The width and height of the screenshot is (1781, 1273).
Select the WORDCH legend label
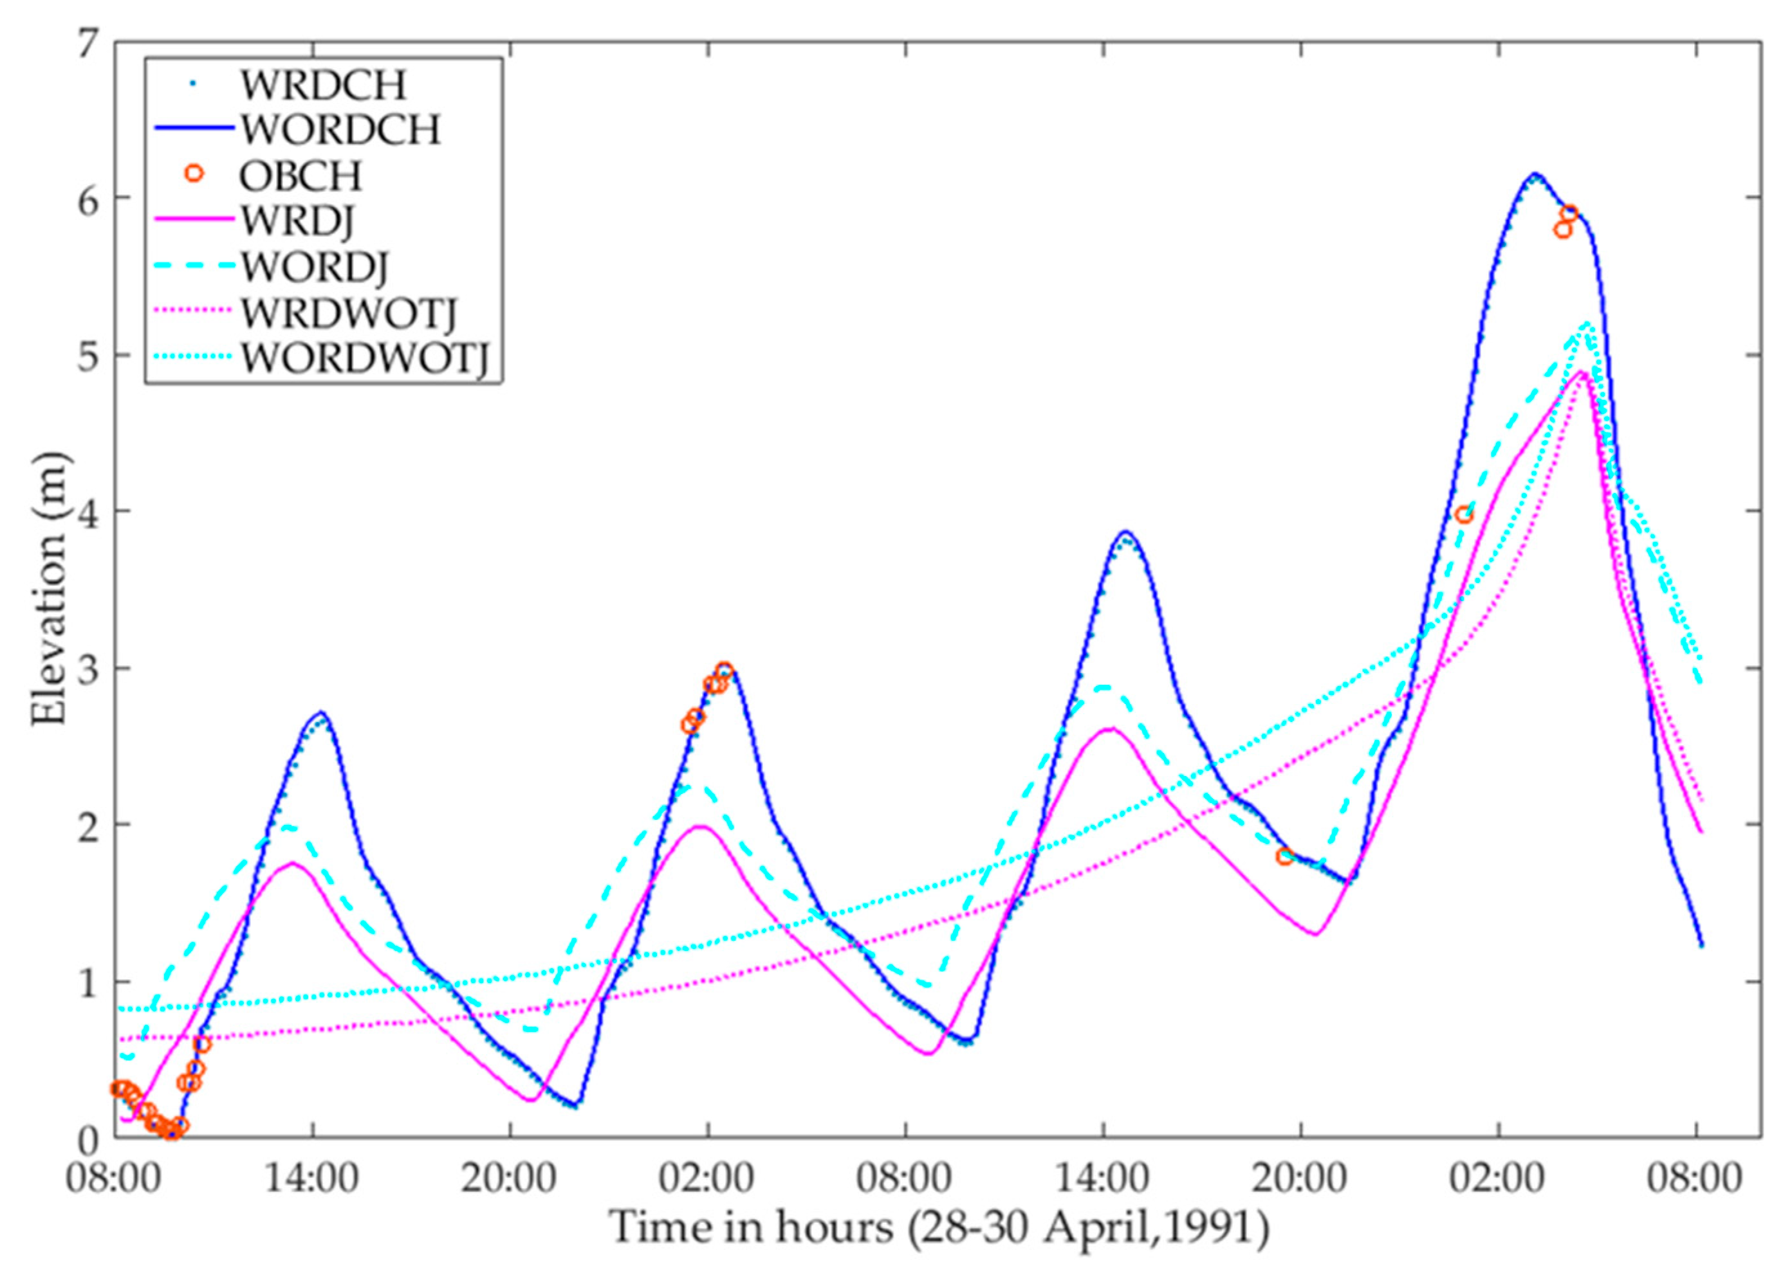pyautogui.click(x=340, y=130)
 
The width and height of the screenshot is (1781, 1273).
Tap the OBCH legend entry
pyautogui.click(x=300, y=176)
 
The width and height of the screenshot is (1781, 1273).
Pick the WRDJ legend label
pyautogui.click(x=297, y=222)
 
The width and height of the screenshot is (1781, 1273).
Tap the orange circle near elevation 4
pyautogui.click(x=1463, y=515)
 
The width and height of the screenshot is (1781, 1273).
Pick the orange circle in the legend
pyautogui.click(x=194, y=174)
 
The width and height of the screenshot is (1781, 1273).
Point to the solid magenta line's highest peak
pyautogui.click(x=1582, y=372)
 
